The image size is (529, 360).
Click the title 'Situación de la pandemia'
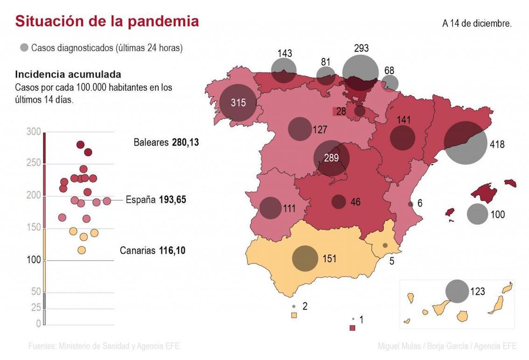(107, 21)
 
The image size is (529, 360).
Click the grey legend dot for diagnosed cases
(24, 48)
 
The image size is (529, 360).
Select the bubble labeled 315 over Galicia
(238, 103)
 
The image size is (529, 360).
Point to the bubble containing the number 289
(331, 158)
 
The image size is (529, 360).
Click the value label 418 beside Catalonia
(497, 145)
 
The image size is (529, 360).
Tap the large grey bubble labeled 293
(360, 72)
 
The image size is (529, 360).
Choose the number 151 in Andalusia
(329, 259)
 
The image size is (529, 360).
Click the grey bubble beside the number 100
(477, 214)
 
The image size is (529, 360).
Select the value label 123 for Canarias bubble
(478, 292)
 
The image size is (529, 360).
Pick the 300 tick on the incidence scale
(34, 132)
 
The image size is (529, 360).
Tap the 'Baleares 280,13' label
(166, 142)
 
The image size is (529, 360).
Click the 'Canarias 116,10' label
(153, 250)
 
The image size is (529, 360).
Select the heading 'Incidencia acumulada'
(68, 74)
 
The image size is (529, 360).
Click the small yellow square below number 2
(294, 315)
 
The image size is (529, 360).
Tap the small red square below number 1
(353, 328)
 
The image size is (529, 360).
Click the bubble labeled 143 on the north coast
(284, 71)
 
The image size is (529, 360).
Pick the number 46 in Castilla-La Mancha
(355, 202)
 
